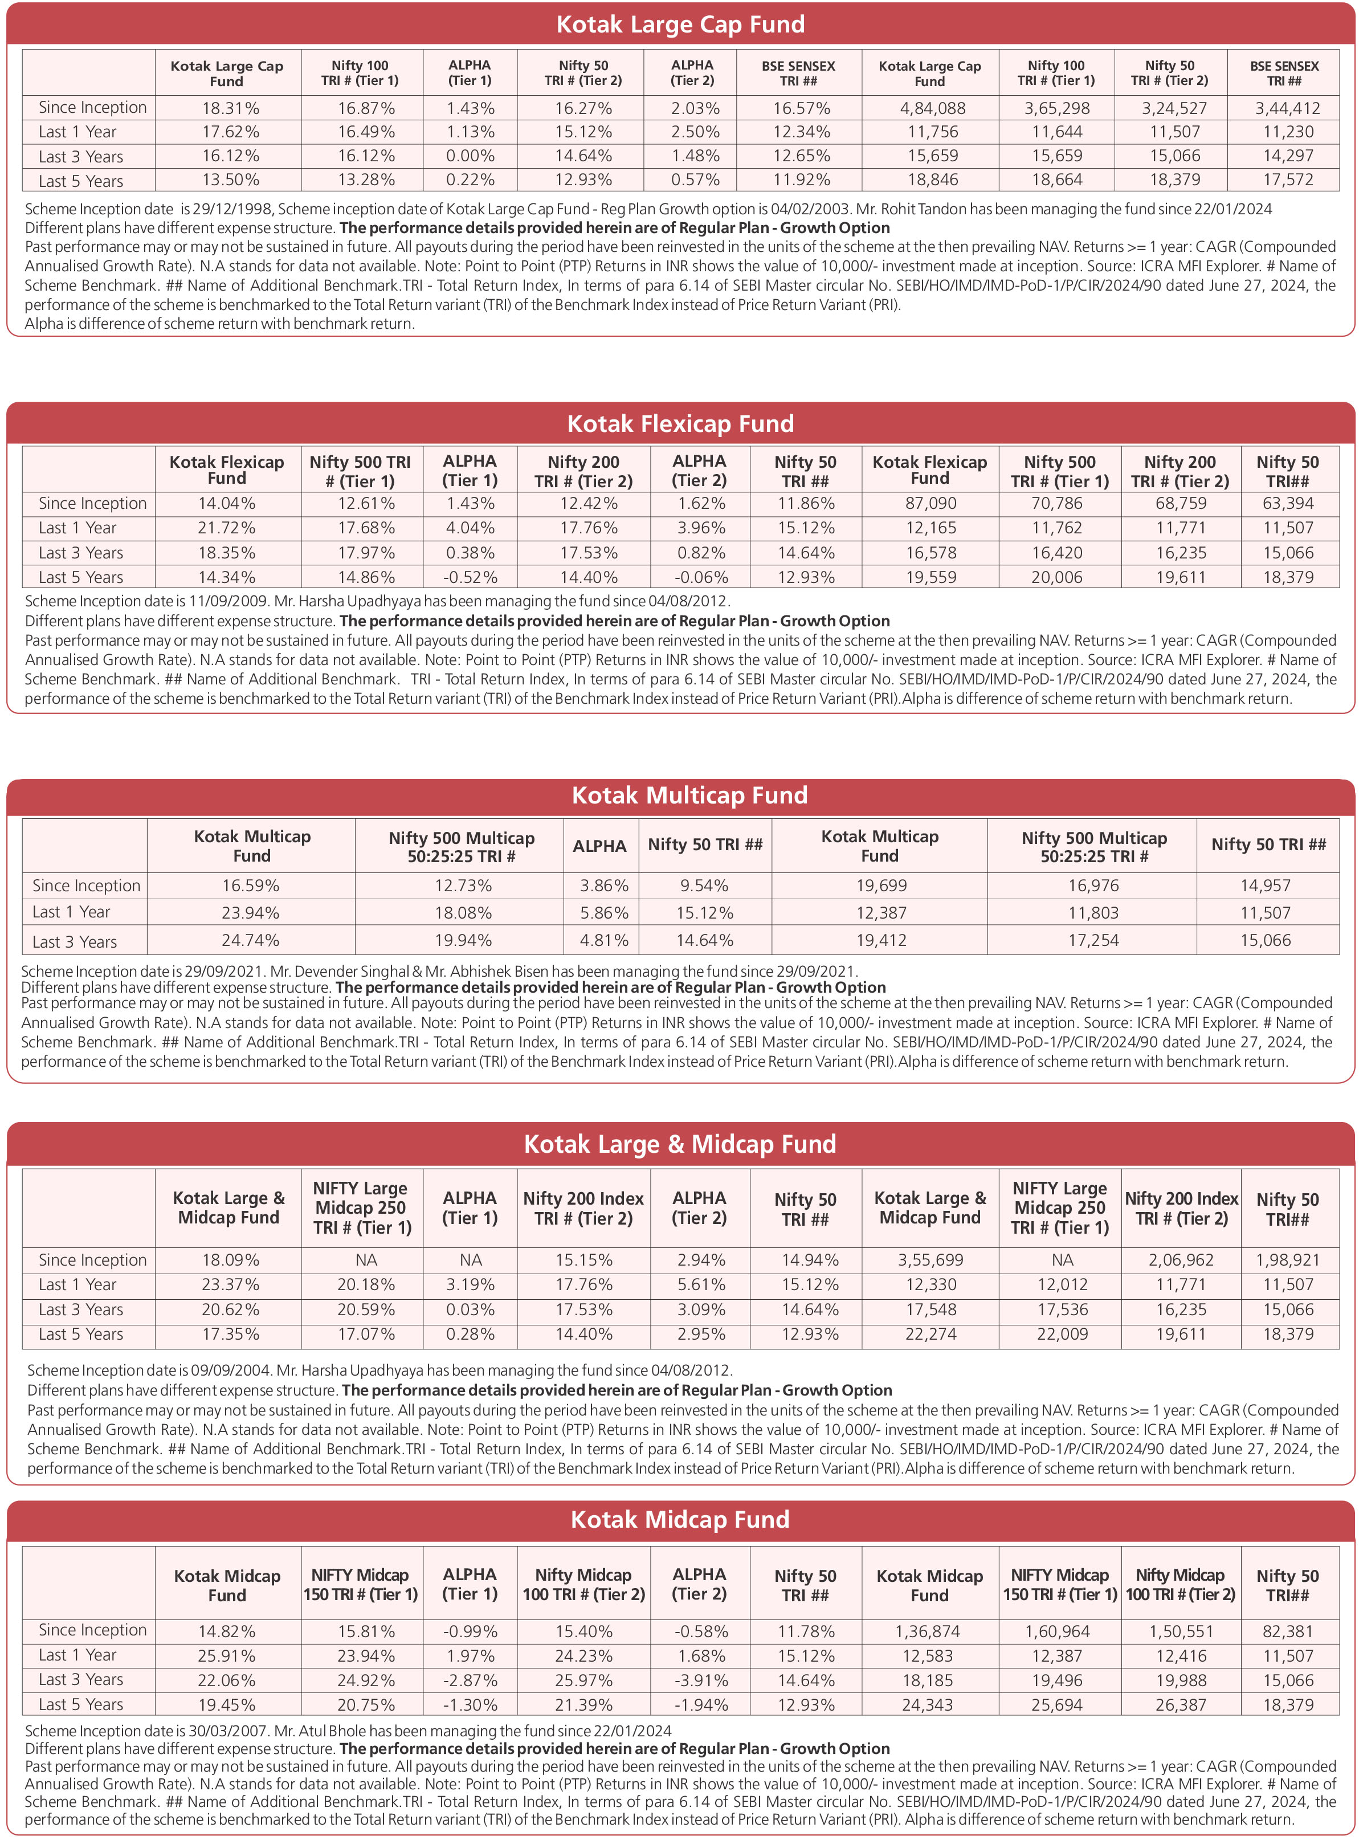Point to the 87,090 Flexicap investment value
931,503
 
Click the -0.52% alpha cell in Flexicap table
470,577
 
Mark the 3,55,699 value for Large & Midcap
931,1260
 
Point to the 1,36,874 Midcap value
928,1631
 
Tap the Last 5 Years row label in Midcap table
80,1705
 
